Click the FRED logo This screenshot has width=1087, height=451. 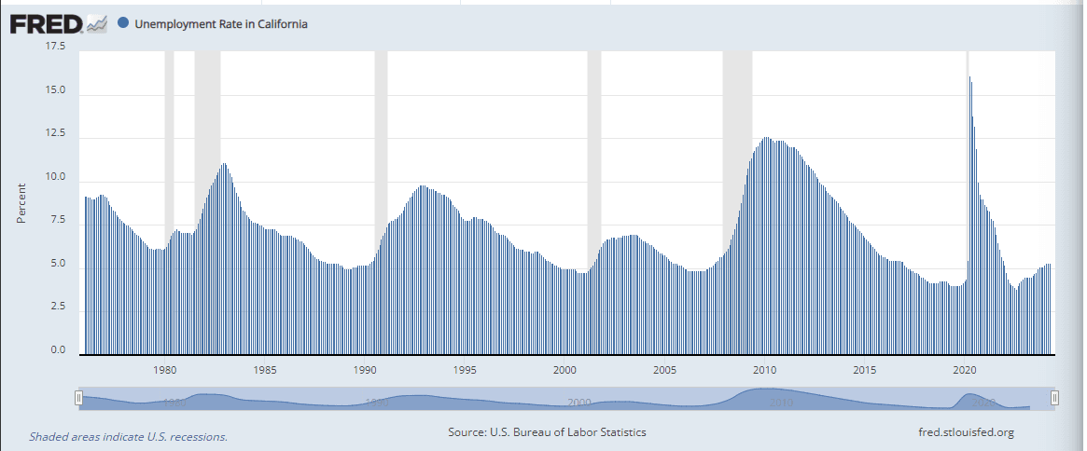tap(47, 23)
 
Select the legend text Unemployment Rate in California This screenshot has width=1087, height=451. tap(221, 24)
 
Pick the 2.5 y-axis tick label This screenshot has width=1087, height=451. tap(58, 307)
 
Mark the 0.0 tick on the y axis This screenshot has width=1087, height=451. tap(58, 350)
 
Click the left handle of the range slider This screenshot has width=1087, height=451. tap(79, 398)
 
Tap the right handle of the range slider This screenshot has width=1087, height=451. tap(1054, 398)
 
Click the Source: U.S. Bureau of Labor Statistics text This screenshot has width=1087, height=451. tap(547, 432)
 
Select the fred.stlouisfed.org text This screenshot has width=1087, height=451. tap(966, 432)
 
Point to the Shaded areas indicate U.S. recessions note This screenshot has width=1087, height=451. tap(128, 436)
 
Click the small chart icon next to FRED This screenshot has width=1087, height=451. tap(98, 24)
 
